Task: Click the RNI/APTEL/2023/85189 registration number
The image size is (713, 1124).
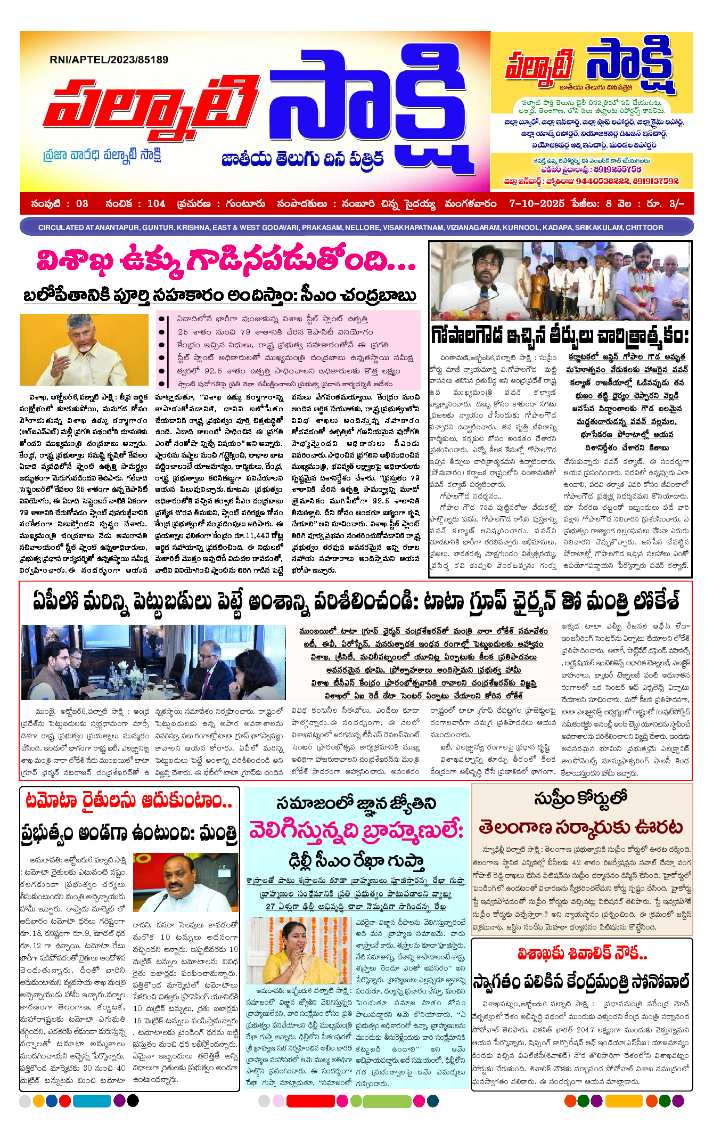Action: [109, 60]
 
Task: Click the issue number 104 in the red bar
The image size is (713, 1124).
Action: [156, 203]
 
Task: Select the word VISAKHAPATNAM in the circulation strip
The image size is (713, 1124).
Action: [413, 227]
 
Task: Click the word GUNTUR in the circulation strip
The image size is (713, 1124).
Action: [158, 227]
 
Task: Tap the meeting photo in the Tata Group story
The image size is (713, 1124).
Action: [153, 662]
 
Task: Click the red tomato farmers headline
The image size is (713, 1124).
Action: [129, 801]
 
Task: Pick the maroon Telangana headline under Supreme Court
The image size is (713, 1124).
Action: [580, 827]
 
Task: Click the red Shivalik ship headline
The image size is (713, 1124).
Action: [582, 953]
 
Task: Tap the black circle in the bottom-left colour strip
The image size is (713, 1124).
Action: [133, 1100]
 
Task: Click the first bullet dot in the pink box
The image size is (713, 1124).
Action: [161, 319]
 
